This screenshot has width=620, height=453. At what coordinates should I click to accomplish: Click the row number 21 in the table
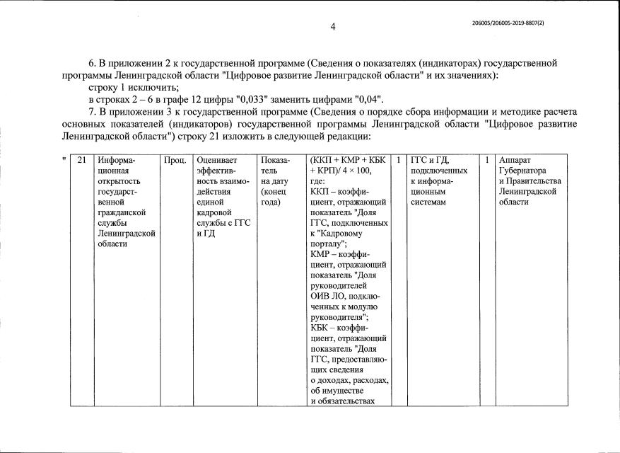pyautogui.click(x=81, y=160)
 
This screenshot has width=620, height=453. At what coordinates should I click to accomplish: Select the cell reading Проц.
pyautogui.click(x=175, y=160)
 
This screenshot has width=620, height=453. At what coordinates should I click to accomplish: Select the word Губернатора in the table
pyautogui.click(x=522, y=171)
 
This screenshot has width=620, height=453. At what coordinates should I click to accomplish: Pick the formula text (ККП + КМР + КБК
pyautogui.click(x=349, y=160)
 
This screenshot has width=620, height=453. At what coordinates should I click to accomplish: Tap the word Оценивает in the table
pyautogui.click(x=219, y=160)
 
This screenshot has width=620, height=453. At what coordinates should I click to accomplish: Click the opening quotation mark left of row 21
pyautogui.click(x=64, y=159)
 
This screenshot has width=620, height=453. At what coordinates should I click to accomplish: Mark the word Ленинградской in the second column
pyautogui.click(x=127, y=234)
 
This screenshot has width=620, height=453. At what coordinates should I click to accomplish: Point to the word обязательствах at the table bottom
pyautogui.click(x=347, y=401)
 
